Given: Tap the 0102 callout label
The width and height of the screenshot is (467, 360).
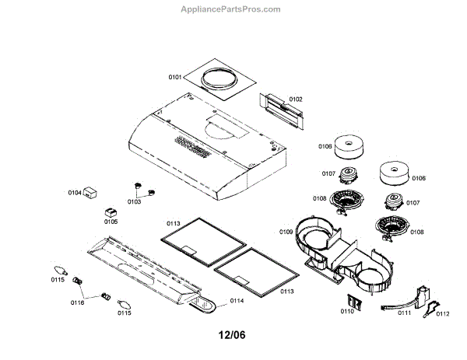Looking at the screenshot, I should click(x=296, y=100).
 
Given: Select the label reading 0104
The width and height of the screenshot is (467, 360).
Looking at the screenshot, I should click(x=75, y=191).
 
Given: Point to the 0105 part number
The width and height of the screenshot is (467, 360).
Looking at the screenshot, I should click(x=111, y=222).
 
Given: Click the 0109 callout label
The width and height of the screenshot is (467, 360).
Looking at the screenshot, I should click(x=286, y=232).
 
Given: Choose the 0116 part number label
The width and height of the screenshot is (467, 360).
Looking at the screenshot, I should click(x=77, y=302).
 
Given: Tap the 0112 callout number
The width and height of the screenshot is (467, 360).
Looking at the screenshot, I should click(x=443, y=313).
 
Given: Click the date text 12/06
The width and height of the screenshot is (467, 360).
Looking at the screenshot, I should click(x=233, y=337).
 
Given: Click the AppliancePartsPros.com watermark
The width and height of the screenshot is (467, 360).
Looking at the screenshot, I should click(x=234, y=9).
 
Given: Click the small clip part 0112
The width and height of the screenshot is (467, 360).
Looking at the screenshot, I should click(x=429, y=310).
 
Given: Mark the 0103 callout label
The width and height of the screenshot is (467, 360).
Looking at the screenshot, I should click(x=134, y=201).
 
